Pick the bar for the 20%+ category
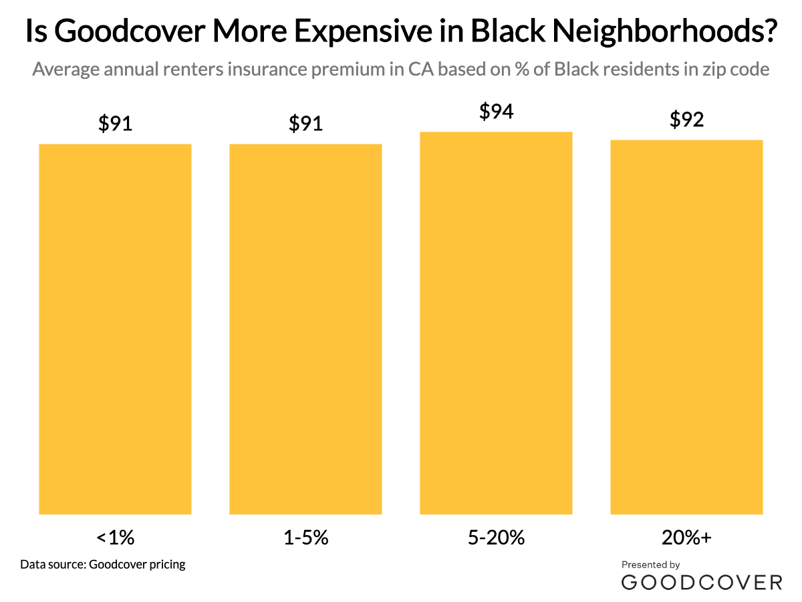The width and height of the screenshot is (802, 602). pyautogui.click(x=686, y=327)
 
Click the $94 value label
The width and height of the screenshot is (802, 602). pyautogui.click(x=496, y=112)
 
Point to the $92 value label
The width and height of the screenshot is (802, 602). pyautogui.click(x=686, y=120)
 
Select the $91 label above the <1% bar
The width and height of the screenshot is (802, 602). pyautogui.click(x=116, y=124)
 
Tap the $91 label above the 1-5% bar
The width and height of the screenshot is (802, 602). pyautogui.click(x=306, y=124)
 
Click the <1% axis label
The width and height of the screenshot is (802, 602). pyautogui.click(x=116, y=537)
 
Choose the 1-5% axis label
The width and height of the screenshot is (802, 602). pyautogui.click(x=306, y=537)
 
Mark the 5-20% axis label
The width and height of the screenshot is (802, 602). pyautogui.click(x=496, y=537)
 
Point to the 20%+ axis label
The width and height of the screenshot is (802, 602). pyautogui.click(x=686, y=537)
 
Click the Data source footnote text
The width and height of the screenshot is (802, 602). pyautogui.click(x=103, y=564)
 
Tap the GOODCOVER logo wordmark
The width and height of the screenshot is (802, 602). pyautogui.click(x=701, y=582)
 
